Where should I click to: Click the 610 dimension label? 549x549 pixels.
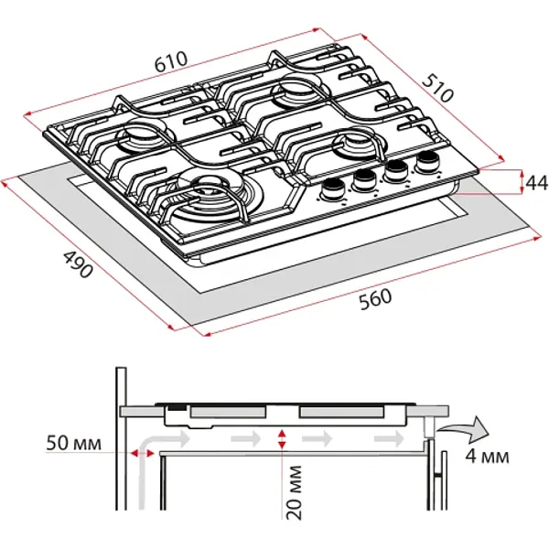pos(171,61)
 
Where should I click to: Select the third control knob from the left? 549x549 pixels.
pos(397,170)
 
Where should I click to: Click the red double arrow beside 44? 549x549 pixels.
pos(511,182)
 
